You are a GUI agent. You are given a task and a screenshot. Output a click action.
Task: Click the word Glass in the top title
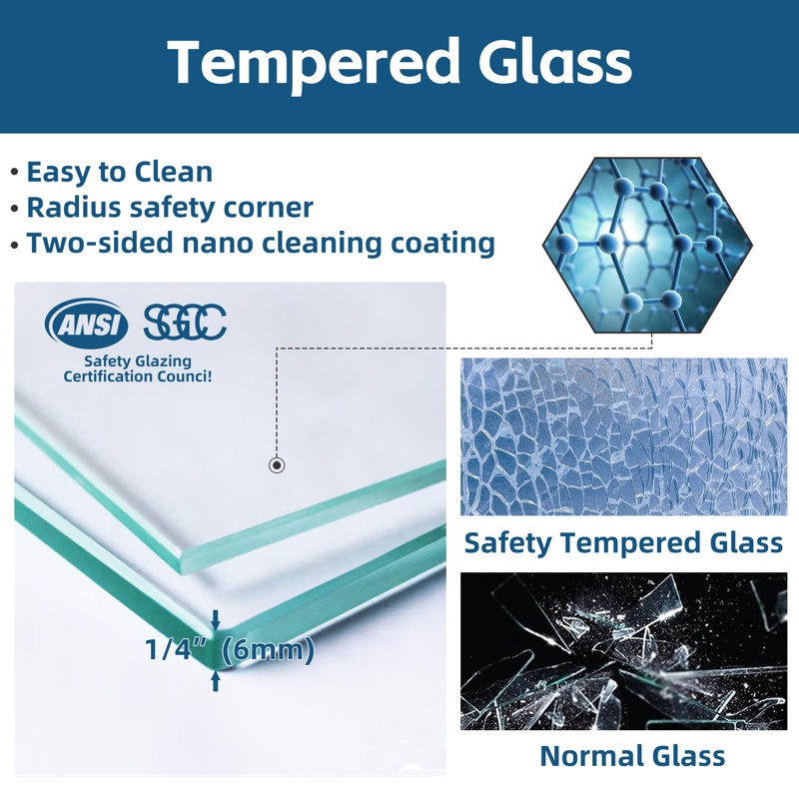click(554, 61)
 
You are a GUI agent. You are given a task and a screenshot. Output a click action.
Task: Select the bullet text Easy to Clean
click(119, 172)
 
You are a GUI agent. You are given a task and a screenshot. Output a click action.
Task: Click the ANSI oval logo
click(87, 324)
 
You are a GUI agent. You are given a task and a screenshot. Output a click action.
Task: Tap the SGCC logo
click(185, 322)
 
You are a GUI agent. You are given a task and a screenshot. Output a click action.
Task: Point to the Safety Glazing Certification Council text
click(138, 369)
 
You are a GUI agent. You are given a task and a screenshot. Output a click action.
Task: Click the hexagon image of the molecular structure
click(647, 245)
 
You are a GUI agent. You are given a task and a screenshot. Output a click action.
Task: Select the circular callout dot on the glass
click(277, 464)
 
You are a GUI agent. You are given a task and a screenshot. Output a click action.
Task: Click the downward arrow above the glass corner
click(216, 619)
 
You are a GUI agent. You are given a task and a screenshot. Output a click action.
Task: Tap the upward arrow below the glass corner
click(216, 681)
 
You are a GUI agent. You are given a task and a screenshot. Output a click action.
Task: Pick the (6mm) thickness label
click(269, 651)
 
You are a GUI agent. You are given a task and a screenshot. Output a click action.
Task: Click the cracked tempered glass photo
click(623, 436)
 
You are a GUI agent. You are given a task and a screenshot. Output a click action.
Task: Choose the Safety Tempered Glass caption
click(623, 543)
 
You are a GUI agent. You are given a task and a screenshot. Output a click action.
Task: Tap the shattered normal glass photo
click(623, 651)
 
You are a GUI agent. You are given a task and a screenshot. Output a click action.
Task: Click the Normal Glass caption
click(632, 755)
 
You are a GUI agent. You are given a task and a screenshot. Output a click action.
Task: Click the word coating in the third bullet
click(442, 244)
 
